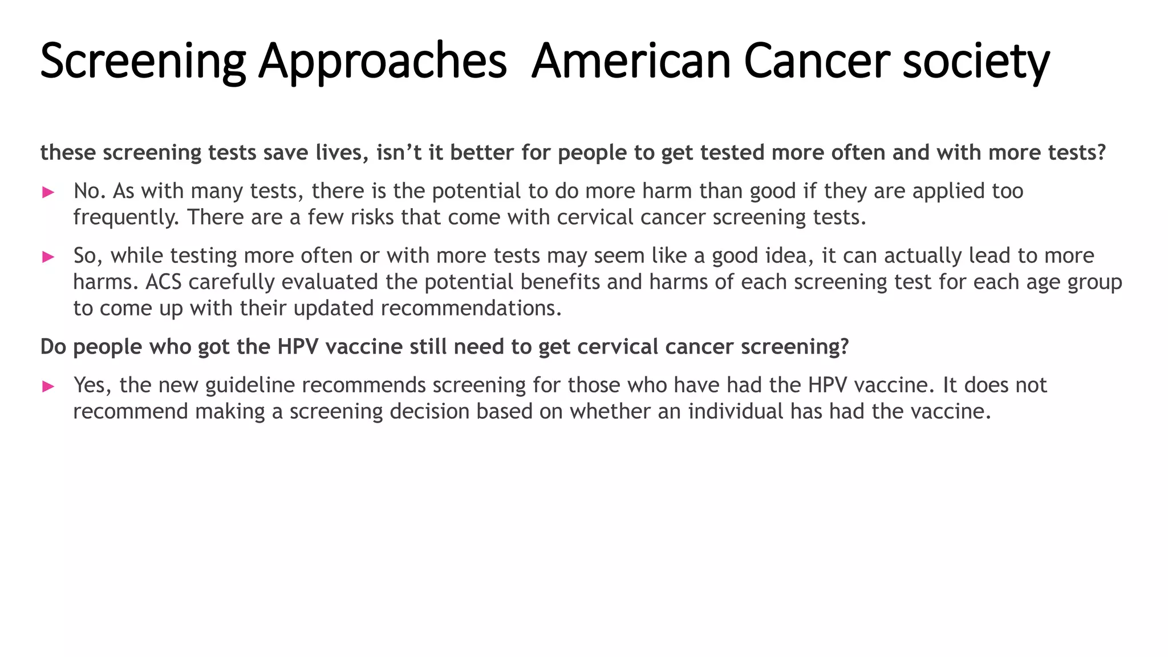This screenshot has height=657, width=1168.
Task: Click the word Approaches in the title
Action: tap(382, 62)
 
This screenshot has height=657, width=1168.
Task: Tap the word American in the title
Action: tap(631, 62)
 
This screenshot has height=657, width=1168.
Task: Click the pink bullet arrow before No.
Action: tap(48, 192)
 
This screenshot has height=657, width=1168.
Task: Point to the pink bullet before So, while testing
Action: tap(48, 257)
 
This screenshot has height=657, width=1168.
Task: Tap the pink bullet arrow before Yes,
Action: tap(48, 387)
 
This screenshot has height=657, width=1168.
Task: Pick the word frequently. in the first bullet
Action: tap(126, 217)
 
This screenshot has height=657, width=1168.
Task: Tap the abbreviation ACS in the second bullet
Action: tap(167, 282)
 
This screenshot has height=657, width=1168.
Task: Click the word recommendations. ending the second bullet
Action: tap(471, 308)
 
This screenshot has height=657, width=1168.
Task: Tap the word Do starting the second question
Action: tap(54, 347)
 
